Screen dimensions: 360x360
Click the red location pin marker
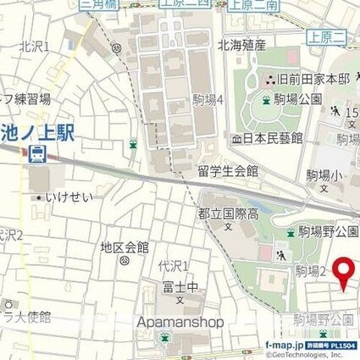(x=343, y=272)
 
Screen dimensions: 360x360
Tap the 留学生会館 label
(x=228, y=171)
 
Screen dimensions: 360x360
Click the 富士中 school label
(x=180, y=287)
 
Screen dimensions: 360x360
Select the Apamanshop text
(x=180, y=323)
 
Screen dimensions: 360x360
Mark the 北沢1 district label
(x=34, y=45)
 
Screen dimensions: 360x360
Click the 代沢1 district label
(x=173, y=266)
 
